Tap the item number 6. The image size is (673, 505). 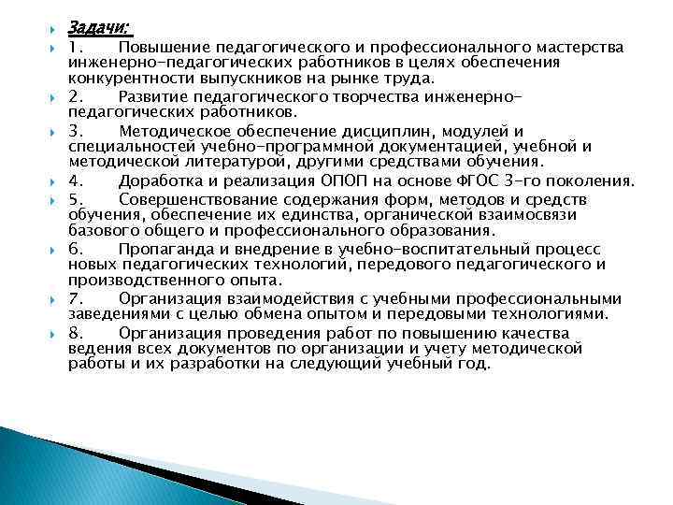click(75, 249)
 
